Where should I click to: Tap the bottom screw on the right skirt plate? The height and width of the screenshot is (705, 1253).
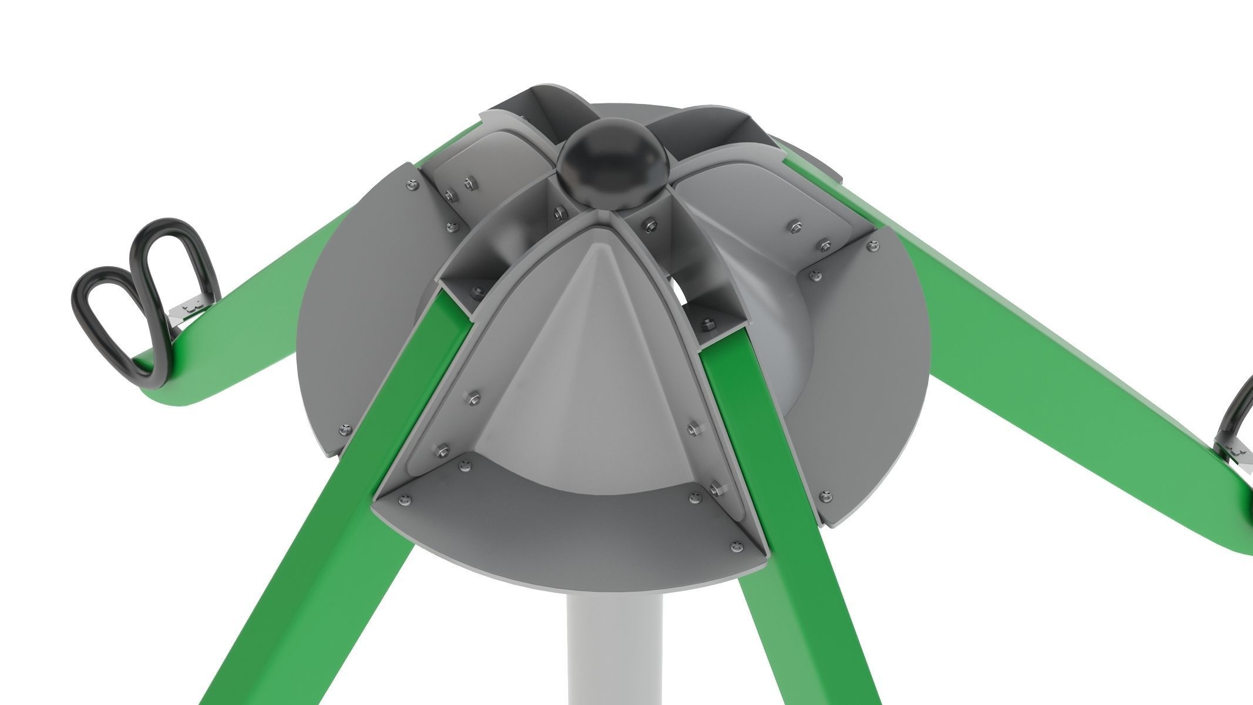pos(828,495)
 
